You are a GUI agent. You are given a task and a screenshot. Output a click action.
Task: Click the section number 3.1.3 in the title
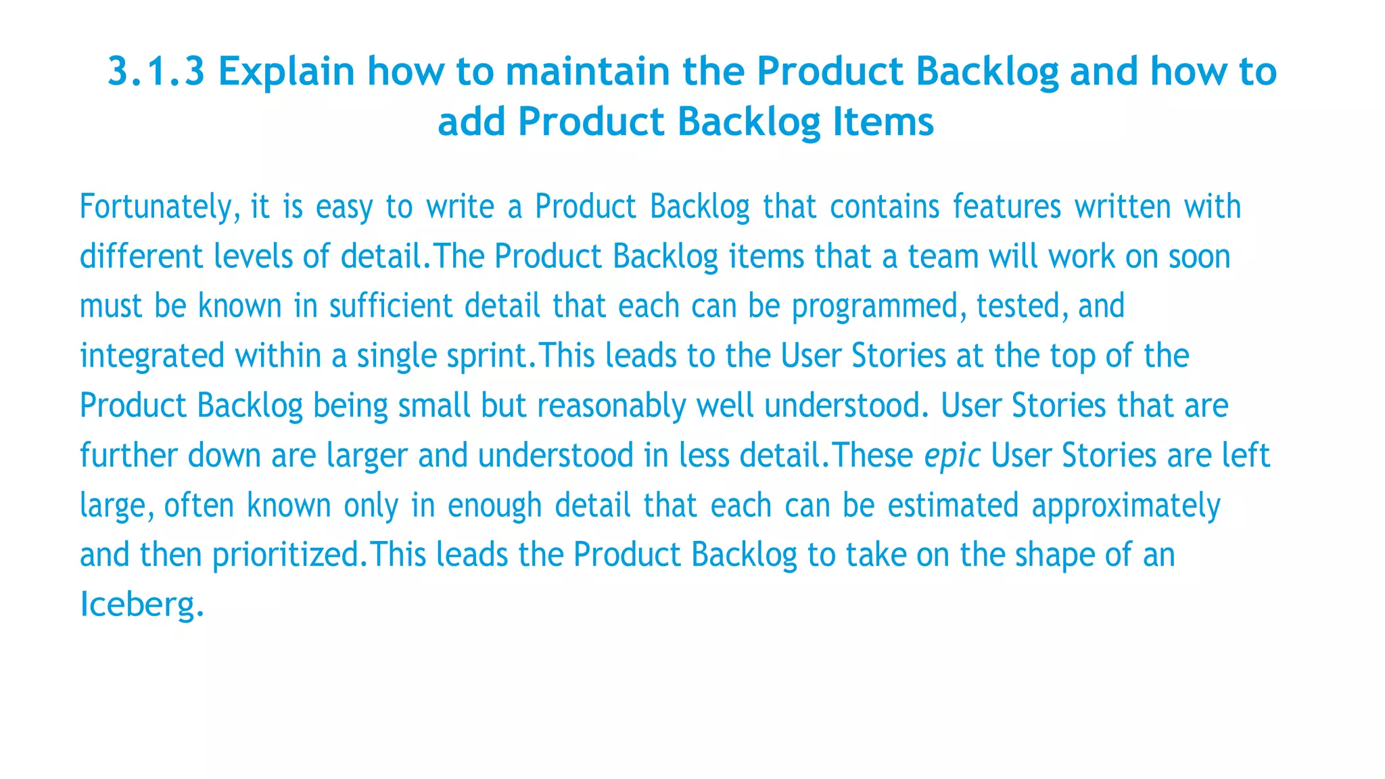pyautogui.click(x=156, y=72)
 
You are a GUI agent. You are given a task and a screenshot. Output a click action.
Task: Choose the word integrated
pyautogui.click(x=152, y=356)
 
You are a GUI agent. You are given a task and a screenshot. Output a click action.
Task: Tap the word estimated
pyautogui.click(x=953, y=506)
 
